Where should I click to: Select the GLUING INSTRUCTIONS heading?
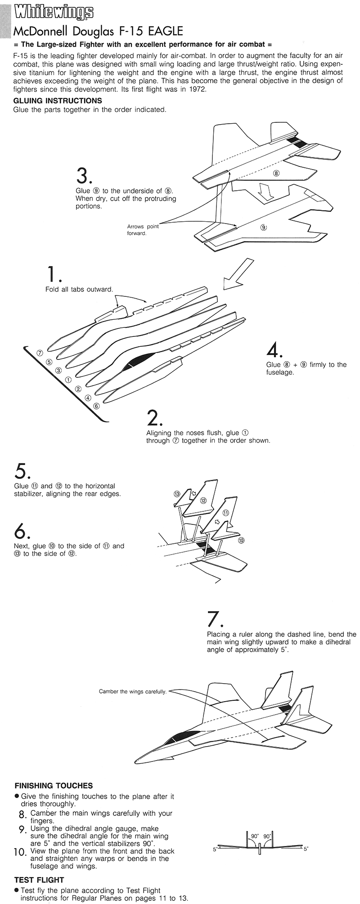point(58,101)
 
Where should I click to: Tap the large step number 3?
point(84,176)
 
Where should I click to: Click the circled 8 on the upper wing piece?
point(276,173)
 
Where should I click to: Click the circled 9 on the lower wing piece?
point(263,228)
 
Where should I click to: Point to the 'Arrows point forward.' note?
point(143,230)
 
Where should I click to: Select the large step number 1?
point(53,274)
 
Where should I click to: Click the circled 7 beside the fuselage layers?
point(40,353)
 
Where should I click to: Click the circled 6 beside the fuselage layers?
point(96,406)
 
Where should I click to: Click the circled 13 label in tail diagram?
point(177,494)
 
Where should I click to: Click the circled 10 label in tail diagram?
point(241,540)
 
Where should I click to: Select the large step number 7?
point(215,619)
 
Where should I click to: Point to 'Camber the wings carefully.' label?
point(132,691)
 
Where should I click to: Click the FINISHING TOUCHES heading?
point(54,786)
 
